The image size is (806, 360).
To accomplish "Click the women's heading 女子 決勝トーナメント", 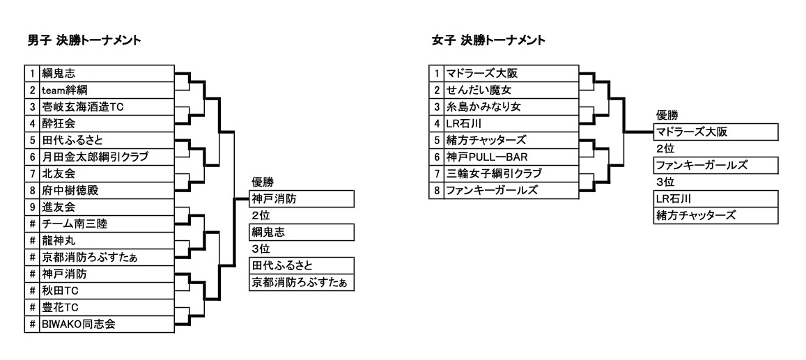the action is (488, 40).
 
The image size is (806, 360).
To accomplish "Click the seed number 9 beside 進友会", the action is (32, 208).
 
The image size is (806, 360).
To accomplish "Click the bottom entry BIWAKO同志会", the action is (79, 324).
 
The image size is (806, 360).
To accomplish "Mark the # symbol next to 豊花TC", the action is (32, 308).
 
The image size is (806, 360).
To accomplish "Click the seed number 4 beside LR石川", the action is (436, 124).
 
